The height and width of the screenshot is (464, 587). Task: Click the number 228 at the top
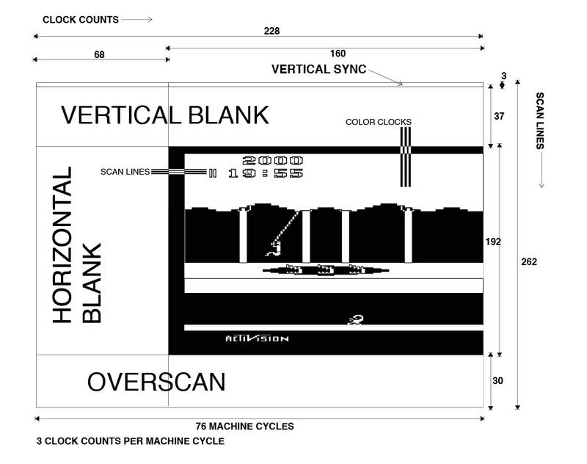(272, 32)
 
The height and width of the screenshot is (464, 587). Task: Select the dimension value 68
(100, 54)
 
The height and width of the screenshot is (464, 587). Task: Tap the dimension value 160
(338, 54)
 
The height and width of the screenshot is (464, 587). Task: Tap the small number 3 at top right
(503, 75)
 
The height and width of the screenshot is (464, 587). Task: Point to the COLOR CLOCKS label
(379, 122)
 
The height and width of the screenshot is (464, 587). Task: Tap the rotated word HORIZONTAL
(63, 245)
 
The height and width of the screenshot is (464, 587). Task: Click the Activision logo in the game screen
(257, 338)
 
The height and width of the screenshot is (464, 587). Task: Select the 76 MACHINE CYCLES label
(244, 426)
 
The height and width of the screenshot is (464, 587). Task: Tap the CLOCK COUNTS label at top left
(81, 20)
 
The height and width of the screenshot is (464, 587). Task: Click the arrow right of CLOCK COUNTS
(138, 20)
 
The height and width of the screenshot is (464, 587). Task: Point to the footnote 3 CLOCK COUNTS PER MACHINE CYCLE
(129, 443)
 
